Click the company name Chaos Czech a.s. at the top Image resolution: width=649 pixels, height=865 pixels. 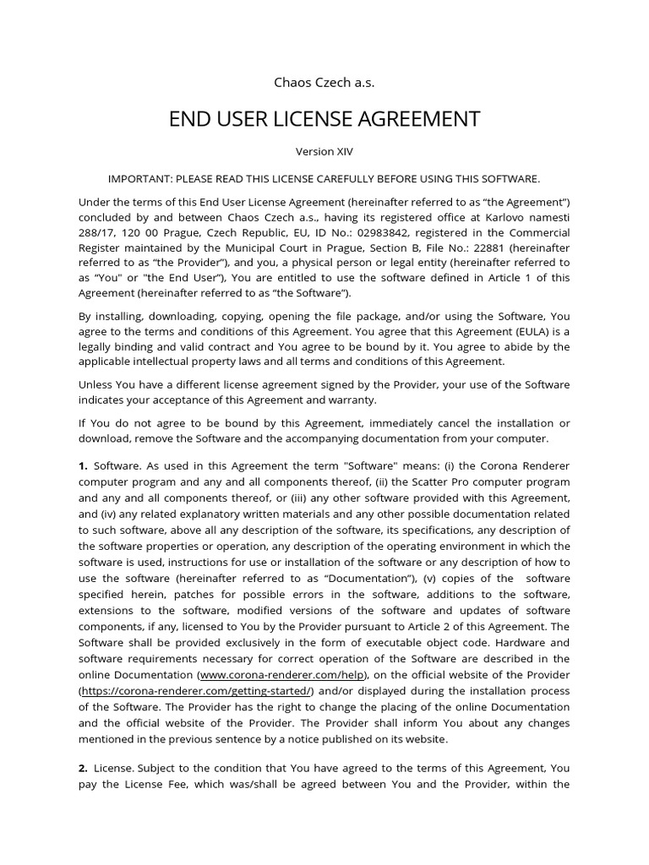(324, 82)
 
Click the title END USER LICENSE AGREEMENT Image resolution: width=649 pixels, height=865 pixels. (324, 119)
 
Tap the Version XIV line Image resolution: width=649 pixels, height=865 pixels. (324, 152)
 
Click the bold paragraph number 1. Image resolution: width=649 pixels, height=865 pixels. (83, 465)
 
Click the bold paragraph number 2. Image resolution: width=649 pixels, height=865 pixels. (83, 769)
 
